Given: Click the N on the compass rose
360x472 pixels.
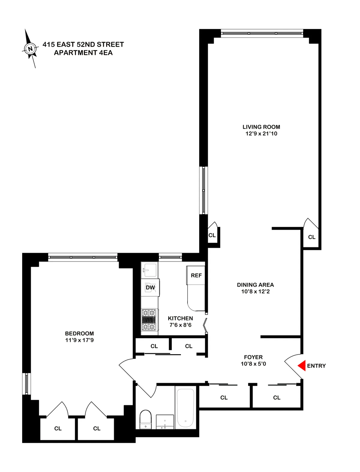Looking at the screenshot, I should tap(30, 49).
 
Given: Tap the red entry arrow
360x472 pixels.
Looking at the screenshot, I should tap(302, 366).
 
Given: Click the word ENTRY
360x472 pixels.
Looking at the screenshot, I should tap(316, 366).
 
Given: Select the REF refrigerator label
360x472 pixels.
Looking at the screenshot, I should tap(196, 275).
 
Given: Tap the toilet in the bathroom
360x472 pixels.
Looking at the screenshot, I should tap(146, 419).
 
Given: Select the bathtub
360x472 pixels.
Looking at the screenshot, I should tap(185, 407).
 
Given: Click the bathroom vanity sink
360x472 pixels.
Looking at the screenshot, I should tap(165, 422).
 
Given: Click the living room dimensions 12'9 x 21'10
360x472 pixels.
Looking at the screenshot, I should tap(261, 134).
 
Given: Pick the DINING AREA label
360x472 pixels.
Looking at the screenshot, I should tap(255, 285).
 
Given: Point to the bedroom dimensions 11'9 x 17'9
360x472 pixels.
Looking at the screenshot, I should tap(79, 340).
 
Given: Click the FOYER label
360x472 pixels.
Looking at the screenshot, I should tap(253, 357).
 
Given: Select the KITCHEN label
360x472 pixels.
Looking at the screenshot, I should tap(180, 318).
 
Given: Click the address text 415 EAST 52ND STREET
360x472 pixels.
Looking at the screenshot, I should tap(83, 45).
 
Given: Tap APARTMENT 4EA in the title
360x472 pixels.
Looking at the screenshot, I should tap(83, 53).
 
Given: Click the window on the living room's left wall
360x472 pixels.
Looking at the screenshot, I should tap(203, 190).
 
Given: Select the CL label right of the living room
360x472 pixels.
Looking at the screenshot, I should tap(312, 237).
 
